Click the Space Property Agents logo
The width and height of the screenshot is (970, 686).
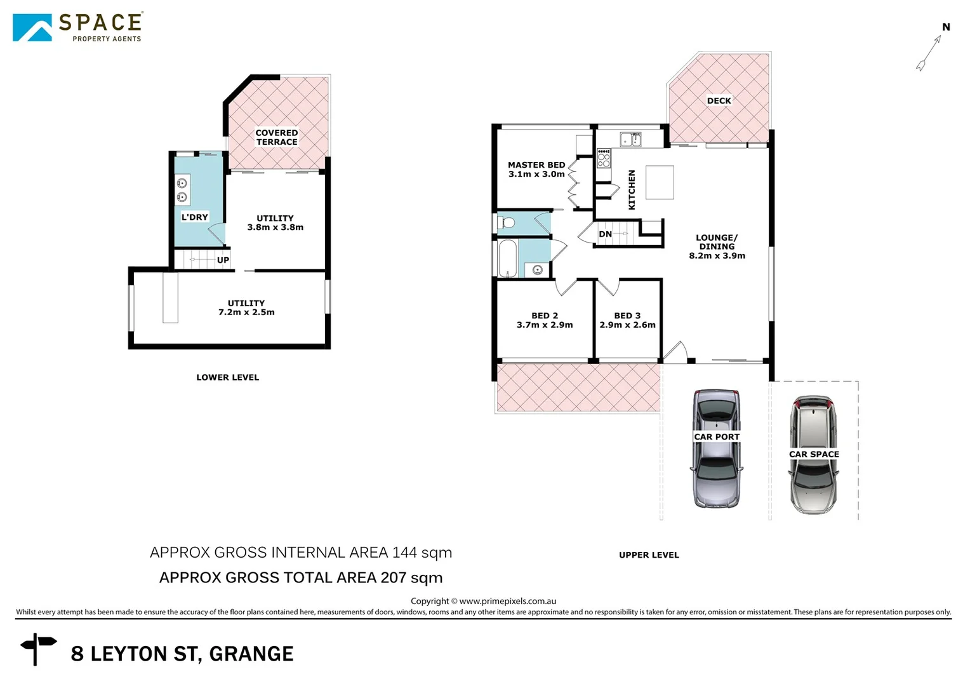[77, 27]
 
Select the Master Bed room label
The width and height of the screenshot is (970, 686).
[536, 165]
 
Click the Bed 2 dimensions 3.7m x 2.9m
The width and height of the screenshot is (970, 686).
[545, 325]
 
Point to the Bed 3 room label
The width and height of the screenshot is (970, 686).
[627, 316]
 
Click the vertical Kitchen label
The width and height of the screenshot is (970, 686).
[632, 189]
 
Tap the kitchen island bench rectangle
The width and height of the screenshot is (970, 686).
[660, 182]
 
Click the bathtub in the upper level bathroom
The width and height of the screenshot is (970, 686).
[507, 258]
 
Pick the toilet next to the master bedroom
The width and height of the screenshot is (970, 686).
[507, 223]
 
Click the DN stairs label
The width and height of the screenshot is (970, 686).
[606, 234]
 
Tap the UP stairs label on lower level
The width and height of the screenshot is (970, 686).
[223, 260]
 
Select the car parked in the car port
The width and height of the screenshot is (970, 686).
[717, 448]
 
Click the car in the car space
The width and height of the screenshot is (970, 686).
[813, 455]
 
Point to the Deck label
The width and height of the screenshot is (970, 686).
[719, 101]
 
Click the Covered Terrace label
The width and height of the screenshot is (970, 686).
[277, 138]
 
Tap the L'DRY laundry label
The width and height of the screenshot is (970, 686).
[194, 217]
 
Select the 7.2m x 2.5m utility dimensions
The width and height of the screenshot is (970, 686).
[246, 313]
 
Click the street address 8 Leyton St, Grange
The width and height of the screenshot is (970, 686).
[182, 654]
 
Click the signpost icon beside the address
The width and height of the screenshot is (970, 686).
[38, 648]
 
